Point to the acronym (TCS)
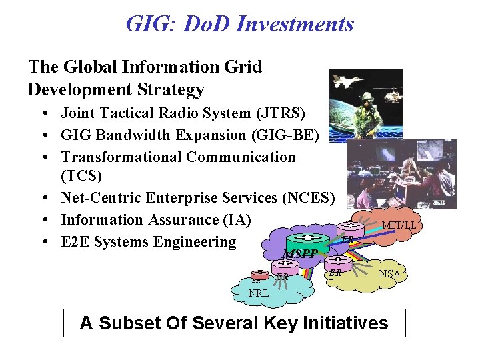click(x=83, y=177)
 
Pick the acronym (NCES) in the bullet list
click(x=313, y=197)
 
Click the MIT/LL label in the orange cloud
click(x=399, y=225)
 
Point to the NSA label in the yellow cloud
click(x=389, y=274)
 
